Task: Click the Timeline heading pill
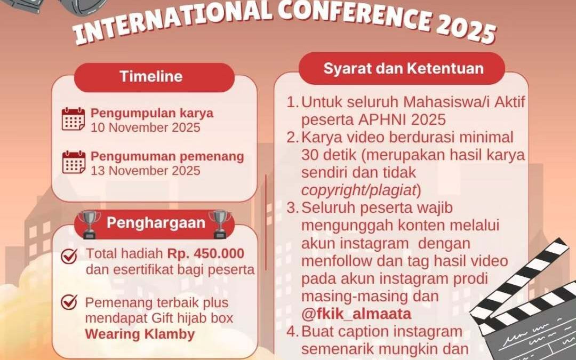point(143,76)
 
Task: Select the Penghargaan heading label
point(156,223)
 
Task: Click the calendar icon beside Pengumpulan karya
point(73,119)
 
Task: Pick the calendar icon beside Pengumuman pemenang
point(73,163)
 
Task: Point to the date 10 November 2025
point(145,128)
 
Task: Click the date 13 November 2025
point(145,171)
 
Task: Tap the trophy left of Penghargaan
point(89,224)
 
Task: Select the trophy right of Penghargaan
point(220,224)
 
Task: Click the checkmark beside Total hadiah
point(69,257)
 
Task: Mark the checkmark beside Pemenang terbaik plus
point(69,302)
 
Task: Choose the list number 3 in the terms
point(292,208)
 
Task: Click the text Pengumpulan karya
point(152,113)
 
